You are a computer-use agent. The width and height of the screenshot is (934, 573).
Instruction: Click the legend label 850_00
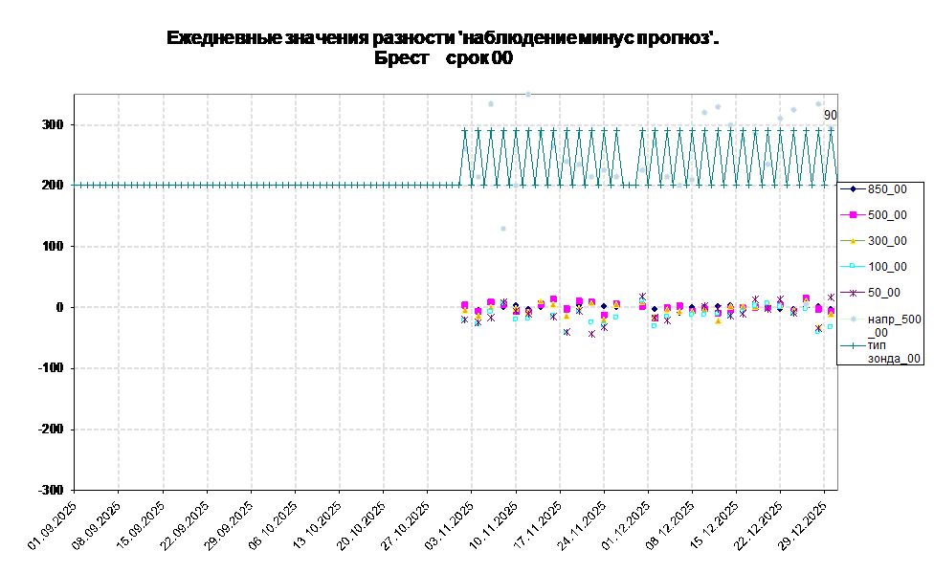887,189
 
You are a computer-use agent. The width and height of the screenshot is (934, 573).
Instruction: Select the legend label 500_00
887,215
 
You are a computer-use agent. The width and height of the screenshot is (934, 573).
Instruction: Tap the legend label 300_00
887,241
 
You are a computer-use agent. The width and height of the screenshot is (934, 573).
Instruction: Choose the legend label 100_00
887,267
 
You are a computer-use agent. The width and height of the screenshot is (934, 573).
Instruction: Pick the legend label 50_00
883,293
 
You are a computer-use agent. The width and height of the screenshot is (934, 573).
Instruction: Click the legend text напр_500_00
894,325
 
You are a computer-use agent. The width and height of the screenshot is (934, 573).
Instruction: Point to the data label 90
831,115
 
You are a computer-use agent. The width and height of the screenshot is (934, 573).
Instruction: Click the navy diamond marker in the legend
852,189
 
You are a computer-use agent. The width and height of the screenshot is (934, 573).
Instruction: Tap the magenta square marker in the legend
852,215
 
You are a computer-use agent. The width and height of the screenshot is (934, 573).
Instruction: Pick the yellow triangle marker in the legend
852,241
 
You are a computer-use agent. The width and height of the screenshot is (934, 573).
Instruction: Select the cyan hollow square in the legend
852,267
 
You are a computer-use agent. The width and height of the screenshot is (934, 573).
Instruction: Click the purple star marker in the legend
852,293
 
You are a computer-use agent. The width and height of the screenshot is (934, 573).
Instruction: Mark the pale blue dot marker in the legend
852,319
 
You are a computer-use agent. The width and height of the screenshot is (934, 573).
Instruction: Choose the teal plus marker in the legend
852,345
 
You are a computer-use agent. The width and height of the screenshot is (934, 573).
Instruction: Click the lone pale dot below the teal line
503,229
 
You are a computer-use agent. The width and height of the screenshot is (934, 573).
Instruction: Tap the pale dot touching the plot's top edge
528,94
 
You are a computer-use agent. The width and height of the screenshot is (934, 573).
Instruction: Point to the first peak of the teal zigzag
465,130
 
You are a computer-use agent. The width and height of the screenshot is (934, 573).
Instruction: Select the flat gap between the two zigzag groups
629,185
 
